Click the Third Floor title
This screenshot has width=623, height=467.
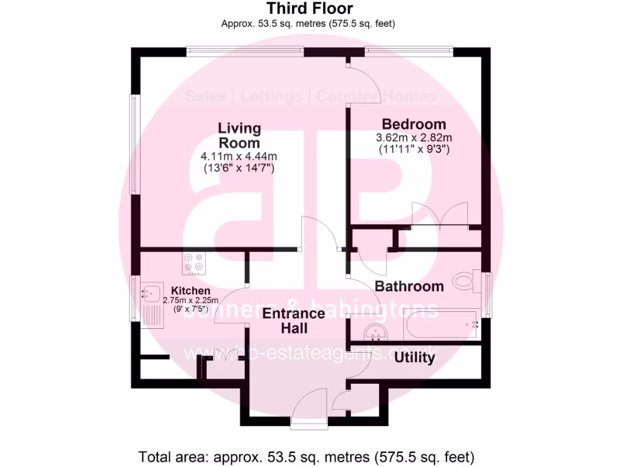(x=309, y=9)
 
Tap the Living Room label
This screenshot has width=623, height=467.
(x=240, y=136)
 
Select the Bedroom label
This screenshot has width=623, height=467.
(x=414, y=125)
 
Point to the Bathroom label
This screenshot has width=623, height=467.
(x=409, y=286)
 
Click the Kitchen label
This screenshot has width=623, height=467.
(x=190, y=291)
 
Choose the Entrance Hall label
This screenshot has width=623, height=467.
(x=294, y=321)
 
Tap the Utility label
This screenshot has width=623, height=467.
(x=414, y=358)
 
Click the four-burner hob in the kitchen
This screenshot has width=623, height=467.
(x=194, y=262)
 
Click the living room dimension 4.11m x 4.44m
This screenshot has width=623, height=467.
(x=239, y=157)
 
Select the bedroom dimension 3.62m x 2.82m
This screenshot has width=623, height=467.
(x=414, y=137)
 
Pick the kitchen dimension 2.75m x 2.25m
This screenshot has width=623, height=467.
(x=190, y=300)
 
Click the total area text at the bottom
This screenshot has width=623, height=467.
(x=307, y=456)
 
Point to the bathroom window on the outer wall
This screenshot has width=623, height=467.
(x=487, y=295)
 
